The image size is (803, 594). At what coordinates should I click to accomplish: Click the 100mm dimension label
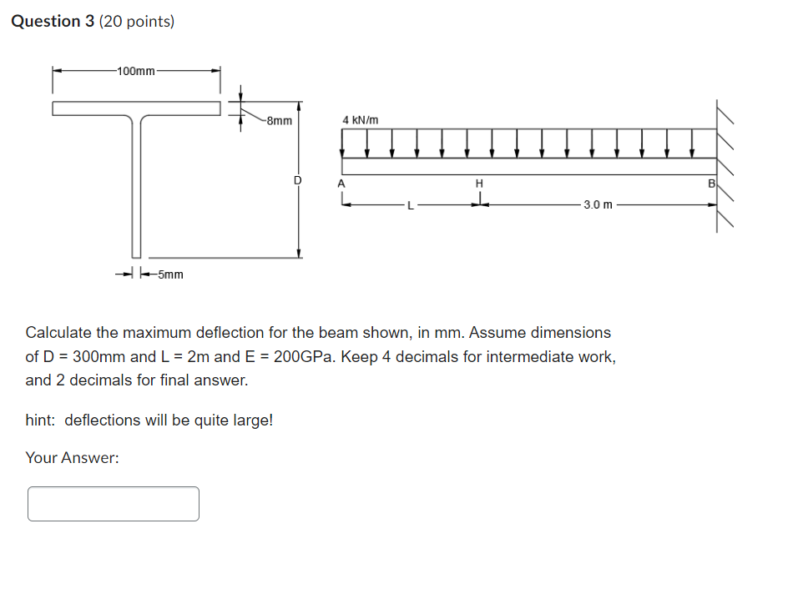point(136,71)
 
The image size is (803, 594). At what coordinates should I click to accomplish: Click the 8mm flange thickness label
point(279,120)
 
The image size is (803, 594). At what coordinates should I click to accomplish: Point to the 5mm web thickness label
point(171,274)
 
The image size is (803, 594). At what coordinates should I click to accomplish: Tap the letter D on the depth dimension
point(296,180)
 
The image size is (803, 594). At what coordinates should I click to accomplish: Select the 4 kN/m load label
point(360,120)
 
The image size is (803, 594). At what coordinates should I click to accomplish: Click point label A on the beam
point(341,183)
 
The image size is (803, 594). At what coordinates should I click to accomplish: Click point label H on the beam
point(479,183)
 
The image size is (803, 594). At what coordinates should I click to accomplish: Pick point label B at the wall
point(711,183)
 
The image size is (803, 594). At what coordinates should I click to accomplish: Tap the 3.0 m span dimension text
point(597,204)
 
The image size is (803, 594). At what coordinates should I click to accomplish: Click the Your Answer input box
point(114,504)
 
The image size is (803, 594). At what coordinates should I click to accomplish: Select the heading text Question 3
point(53,22)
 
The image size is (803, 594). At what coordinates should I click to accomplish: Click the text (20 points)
point(137,22)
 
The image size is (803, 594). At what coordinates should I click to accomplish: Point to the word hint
point(42,420)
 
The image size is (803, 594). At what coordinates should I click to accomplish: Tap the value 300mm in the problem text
point(100,357)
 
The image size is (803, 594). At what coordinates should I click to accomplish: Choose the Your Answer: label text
point(72,457)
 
